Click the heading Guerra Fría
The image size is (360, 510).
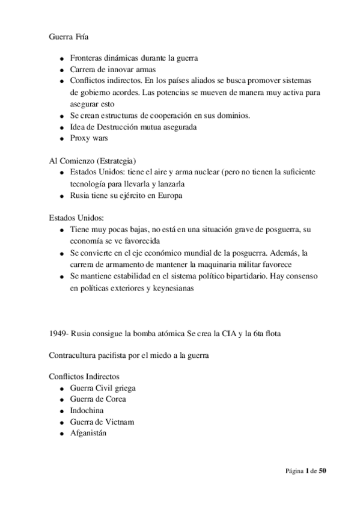[x=68, y=36]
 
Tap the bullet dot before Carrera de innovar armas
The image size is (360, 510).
[x=63, y=70]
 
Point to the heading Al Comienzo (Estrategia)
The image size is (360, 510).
[x=92, y=161]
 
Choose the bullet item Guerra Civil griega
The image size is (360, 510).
[x=103, y=388]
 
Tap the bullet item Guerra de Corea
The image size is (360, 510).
[x=98, y=399]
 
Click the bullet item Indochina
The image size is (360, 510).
[x=87, y=410]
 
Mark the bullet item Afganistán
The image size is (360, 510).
[x=88, y=433]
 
